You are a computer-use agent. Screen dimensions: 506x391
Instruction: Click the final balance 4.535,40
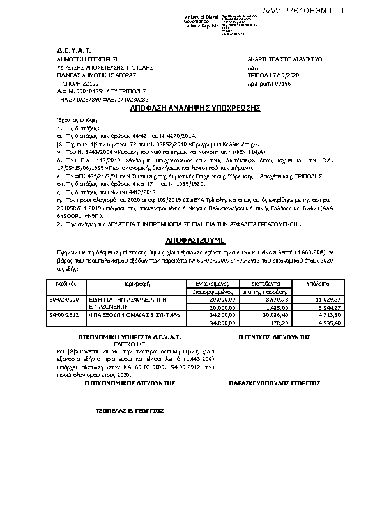[343, 323]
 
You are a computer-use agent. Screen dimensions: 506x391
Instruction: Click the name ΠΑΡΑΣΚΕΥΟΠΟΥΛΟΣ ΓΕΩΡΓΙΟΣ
[274, 383]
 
